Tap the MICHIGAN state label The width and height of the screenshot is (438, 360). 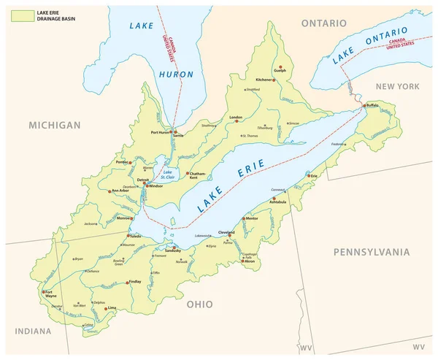(x=54, y=126)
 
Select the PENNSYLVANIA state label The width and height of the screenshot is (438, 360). (x=372, y=252)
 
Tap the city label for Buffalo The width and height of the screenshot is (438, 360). (x=373, y=105)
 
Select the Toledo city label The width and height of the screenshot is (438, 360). (x=137, y=237)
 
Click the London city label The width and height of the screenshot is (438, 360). (x=235, y=117)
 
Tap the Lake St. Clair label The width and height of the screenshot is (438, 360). (x=169, y=173)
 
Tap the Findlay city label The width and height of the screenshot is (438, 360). (x=136, y=280)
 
